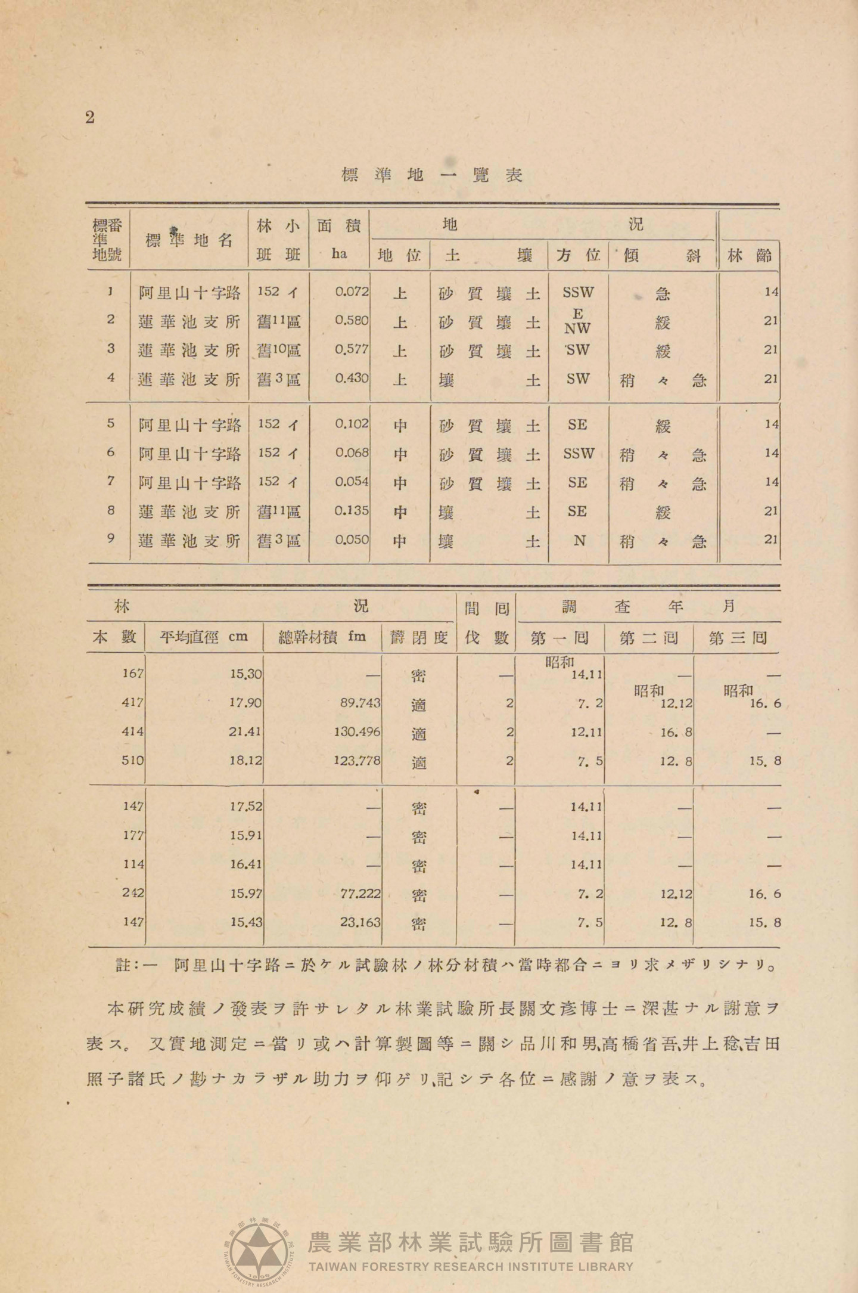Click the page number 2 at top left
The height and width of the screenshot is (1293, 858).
click(x=90, y=117)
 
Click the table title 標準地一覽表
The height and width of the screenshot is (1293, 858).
click(x=431, y=175)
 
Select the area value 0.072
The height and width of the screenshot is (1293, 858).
click(x=352, y=292)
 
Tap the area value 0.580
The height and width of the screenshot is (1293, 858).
click(x=352, y=321)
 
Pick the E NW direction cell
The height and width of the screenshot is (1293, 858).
click(x=577, y=321)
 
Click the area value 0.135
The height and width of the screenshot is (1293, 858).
click(x=352, y=511)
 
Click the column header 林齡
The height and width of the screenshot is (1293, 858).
click(x=750, y=256)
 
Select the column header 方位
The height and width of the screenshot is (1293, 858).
click(x=577, y=256)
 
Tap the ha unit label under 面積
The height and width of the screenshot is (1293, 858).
click(x=339, y=254)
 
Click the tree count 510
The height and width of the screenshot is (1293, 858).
click(x=132, y=760)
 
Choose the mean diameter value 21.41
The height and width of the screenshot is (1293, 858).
click(x=245, y=731)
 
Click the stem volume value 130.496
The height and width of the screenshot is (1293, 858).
click(x=357, y=731)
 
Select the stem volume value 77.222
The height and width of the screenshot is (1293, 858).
click(x=360, y=893)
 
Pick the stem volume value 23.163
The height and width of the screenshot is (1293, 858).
click(x=360, y=922)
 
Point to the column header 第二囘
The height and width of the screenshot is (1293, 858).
click(x=648, y=638)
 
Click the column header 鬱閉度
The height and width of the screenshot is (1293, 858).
click(x=418, y=638)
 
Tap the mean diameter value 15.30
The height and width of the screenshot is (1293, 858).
click(x=245, y=674)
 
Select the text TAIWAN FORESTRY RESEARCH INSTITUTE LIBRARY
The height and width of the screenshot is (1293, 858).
click(x=471, y=1266)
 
